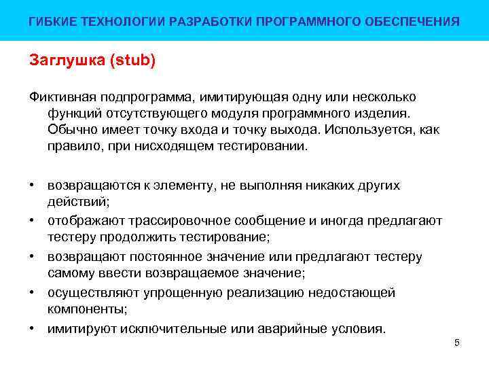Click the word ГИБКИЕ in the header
tap(48, 22)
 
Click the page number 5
tap(457, 343)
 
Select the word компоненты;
tap(87, 309)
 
